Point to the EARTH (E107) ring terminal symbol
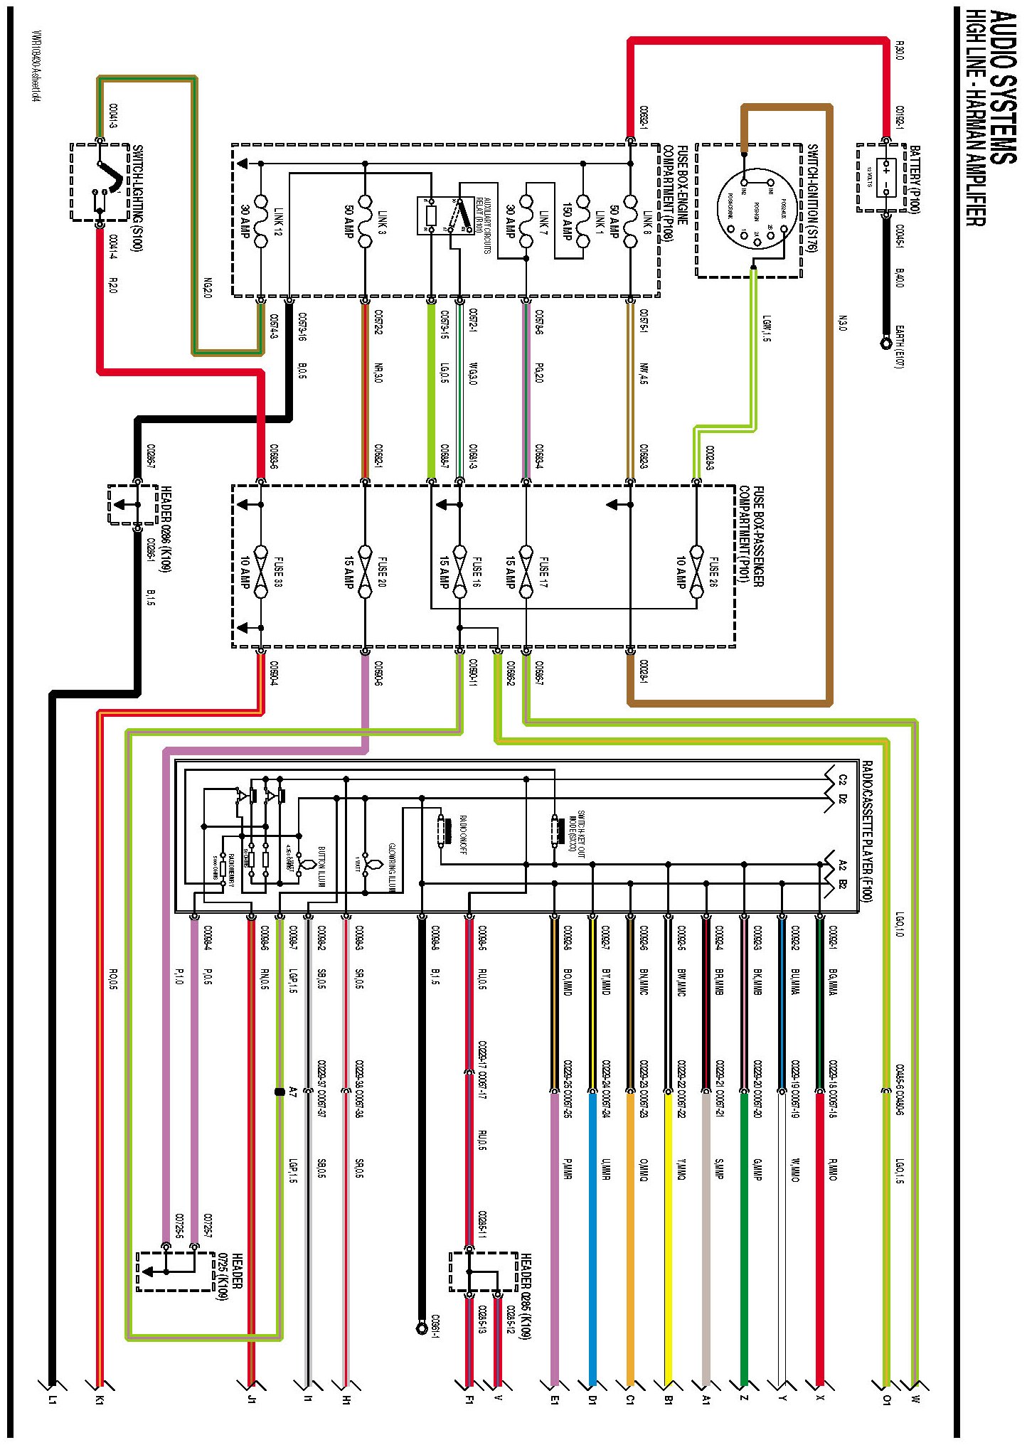tap(886, 343)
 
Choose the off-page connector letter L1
tap(51, 1399)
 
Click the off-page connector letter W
tap(915, 1399)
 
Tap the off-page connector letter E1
tap(555, 1399)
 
